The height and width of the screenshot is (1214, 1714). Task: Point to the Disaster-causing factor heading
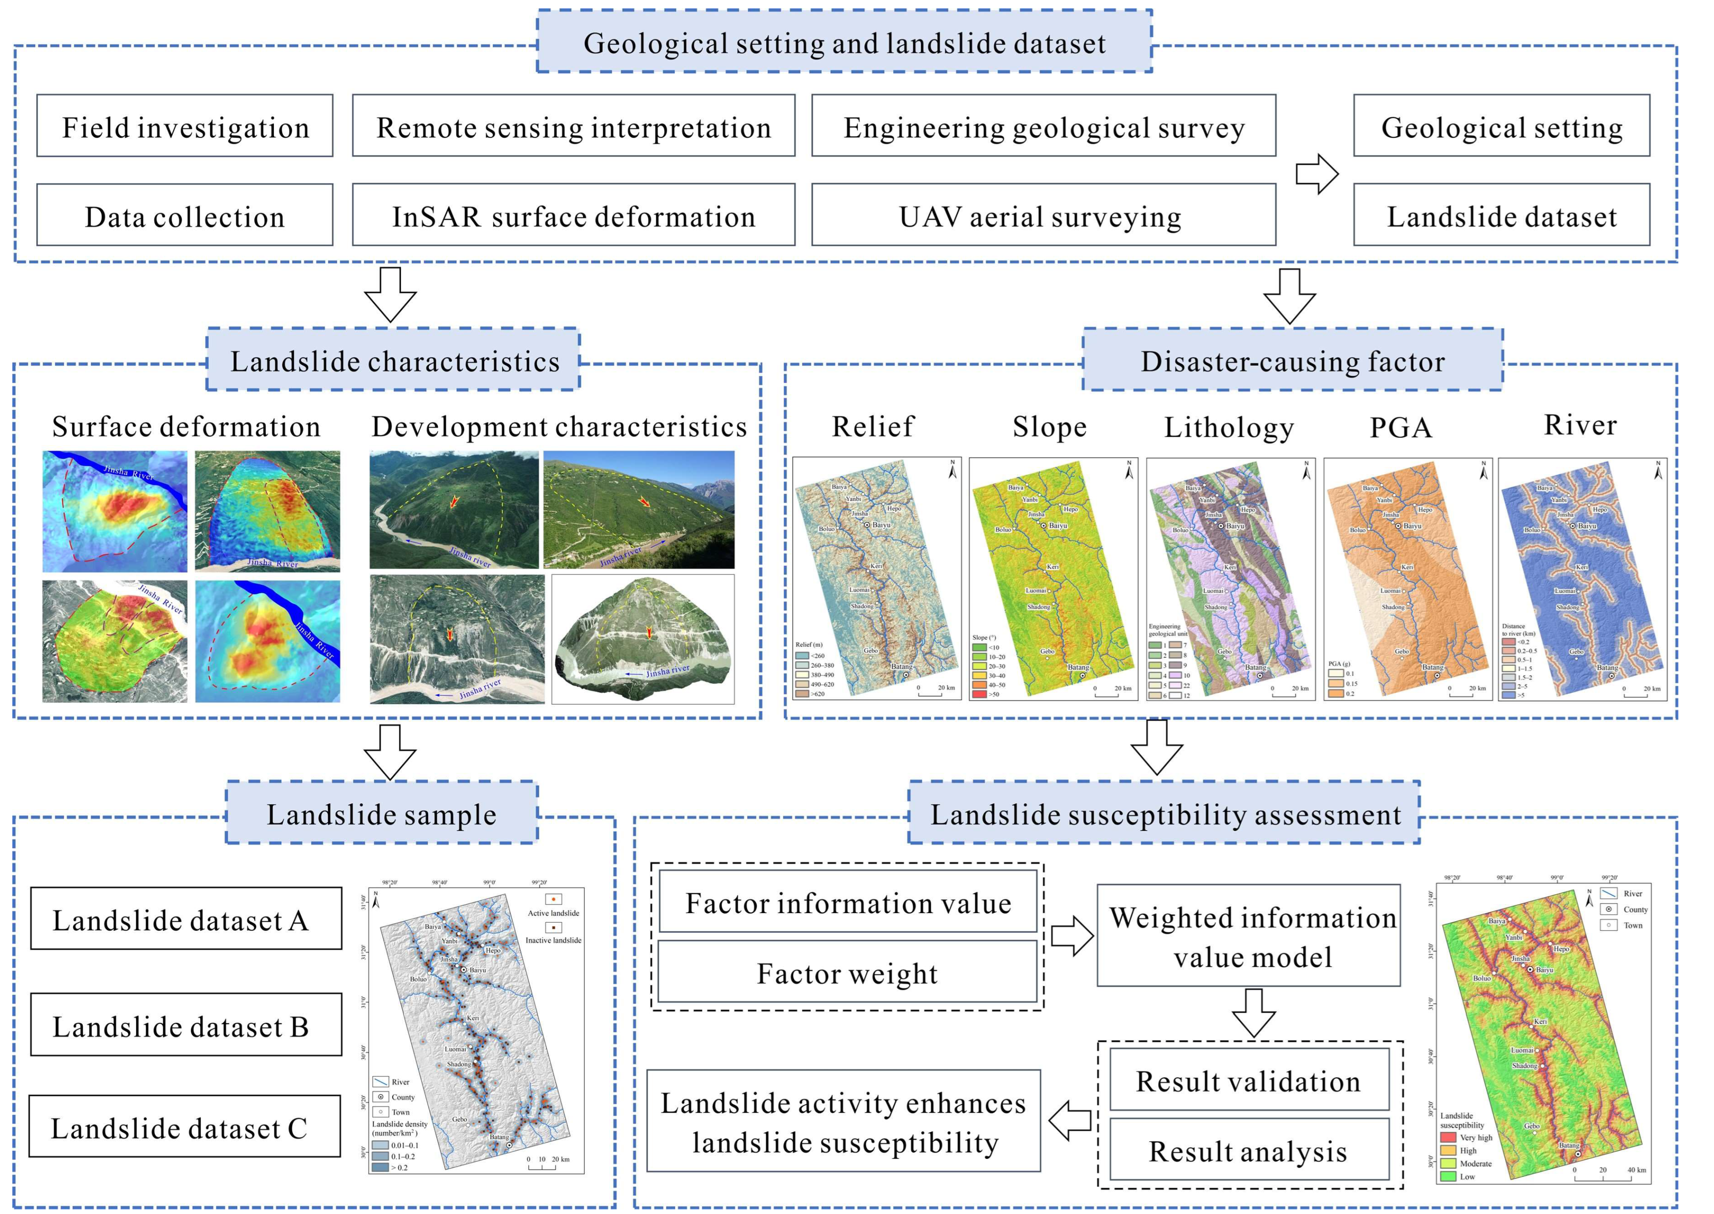click(x=1292, y=360)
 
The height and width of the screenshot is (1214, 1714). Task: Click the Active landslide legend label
click(x=553, y=913)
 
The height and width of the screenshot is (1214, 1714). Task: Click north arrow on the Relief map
click(x=953, y=470)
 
